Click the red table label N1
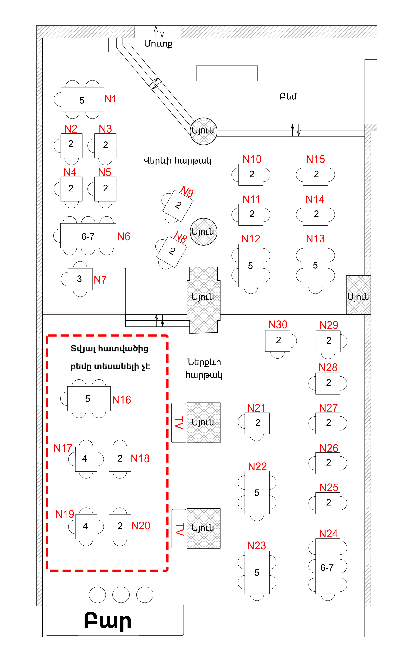(110, 99)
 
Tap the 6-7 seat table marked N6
(88, 236)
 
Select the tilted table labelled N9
(178, 206)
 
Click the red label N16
(121, 400)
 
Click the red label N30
(278, 325)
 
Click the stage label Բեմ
(288, 96)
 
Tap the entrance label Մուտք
(158, 44)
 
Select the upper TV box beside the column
(179, 423)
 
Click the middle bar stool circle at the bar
(121, 595)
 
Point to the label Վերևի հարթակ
(177, 161)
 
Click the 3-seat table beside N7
(80, 279)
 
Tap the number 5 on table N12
(250, 266)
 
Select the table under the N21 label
(257, 423)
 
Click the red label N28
(328, 368)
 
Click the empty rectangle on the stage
(227, 73)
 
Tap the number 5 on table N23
(257, 573)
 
